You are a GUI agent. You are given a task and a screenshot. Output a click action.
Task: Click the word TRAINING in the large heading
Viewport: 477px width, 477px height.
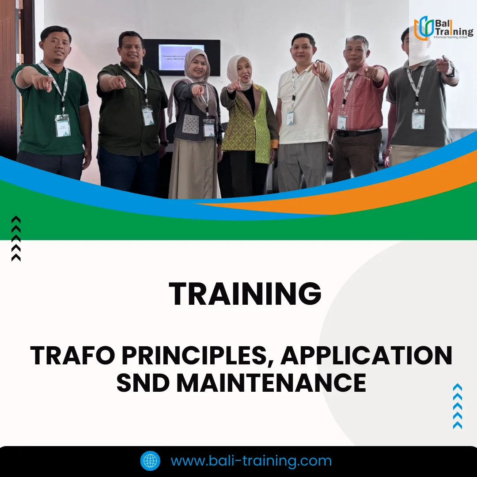point(245,294)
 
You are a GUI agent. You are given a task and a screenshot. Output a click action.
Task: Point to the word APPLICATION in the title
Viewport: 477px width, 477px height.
point(367,356)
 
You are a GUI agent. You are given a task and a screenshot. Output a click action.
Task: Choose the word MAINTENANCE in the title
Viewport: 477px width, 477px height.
point(271,383)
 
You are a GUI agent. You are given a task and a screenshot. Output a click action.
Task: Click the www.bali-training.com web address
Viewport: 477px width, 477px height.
point(251,461)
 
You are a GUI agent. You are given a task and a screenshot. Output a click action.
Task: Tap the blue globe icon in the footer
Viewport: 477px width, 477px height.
point(150,461)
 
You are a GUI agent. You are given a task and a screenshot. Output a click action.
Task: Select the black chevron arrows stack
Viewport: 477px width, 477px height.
point(16,238)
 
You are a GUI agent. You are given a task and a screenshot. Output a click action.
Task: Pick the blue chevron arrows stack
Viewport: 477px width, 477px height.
point(458,406)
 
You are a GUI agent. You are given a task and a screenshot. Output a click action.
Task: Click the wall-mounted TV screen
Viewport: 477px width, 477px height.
point(182,57)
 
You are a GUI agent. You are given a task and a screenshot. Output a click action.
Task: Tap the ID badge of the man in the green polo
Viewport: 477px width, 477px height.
point(62,125)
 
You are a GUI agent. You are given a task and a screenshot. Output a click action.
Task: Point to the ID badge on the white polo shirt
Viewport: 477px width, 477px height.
point(290,118)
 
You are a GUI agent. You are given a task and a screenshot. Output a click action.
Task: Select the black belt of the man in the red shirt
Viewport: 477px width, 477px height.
point(357,132)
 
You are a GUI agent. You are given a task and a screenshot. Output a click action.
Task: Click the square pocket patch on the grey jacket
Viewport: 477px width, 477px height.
point(191,124)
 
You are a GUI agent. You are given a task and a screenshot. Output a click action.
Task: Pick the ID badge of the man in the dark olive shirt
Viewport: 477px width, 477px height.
point(148,116)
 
